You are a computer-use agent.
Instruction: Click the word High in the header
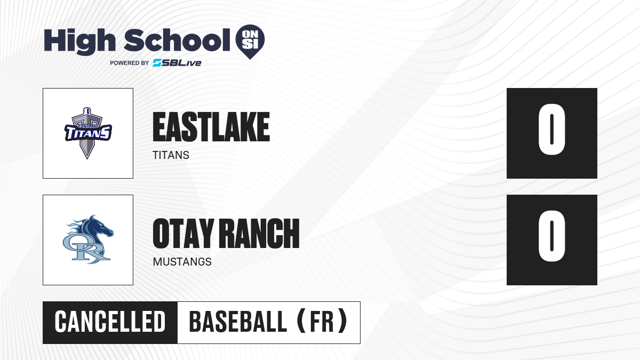79,41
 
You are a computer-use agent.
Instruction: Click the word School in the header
177,40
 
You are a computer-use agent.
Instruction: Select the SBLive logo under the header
177,63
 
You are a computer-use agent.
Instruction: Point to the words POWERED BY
130,63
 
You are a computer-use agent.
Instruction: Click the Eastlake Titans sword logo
88,133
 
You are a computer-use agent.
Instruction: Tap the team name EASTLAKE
211,127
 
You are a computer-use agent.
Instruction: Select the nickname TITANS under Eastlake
171,155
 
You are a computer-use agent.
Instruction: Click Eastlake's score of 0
551,130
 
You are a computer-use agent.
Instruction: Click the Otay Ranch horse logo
88,239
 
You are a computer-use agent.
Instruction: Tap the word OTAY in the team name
183,234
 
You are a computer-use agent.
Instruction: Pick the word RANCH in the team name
261,234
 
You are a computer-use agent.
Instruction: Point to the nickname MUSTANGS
182,262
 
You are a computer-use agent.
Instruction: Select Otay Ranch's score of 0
551,236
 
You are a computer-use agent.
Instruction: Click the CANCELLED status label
110,322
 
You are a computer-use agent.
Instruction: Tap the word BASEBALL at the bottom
238,322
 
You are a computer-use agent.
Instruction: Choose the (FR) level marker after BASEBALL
322,322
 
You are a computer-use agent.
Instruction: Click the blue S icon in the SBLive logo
157,63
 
